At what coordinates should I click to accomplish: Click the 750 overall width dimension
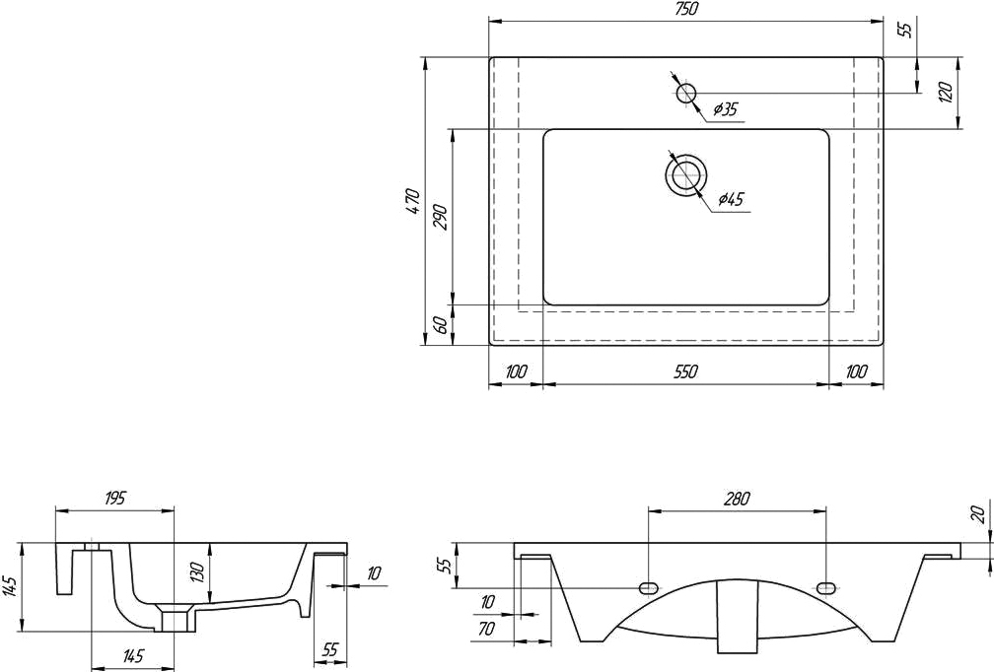685,10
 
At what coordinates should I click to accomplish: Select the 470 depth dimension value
412,201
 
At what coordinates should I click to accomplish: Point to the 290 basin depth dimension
441,217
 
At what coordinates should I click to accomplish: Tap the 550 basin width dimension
685,371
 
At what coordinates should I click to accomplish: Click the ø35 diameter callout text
725,109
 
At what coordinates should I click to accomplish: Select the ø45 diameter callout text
731,199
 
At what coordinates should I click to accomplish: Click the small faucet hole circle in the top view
686,93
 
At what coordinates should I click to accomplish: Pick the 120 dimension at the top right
946,93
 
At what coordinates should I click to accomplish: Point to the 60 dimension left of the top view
441,325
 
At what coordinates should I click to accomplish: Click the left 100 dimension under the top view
517,371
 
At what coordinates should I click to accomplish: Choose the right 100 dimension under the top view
856,371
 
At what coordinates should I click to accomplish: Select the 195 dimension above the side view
114,498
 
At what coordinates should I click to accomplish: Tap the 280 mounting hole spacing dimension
736,499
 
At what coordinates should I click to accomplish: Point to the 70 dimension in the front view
487,629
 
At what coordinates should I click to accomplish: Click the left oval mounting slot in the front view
648,588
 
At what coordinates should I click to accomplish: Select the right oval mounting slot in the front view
826,588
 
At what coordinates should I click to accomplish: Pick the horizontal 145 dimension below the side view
134,655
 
